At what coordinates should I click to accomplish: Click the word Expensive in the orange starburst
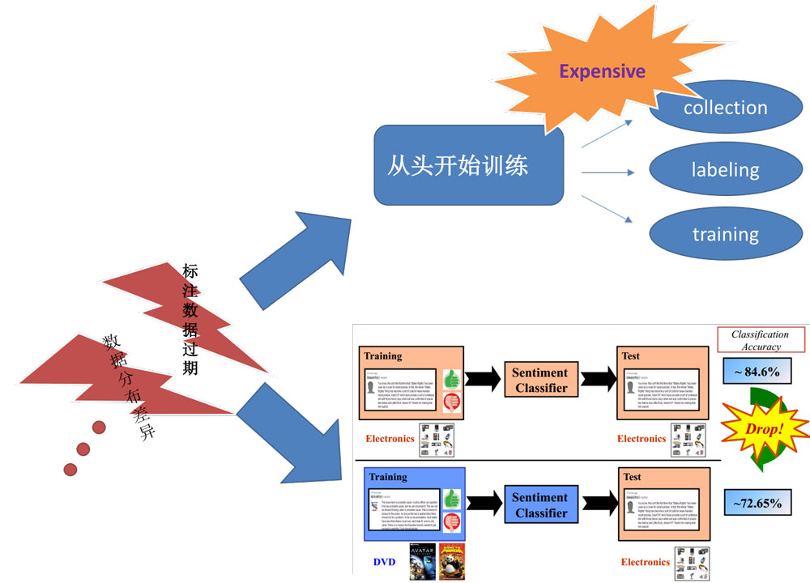pos(602,71)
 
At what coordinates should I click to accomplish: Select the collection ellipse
pos(725,109)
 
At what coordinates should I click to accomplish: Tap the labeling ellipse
pos(725,170)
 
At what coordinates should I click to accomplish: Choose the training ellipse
pos(725,235)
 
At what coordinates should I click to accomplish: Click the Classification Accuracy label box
pos(760,340)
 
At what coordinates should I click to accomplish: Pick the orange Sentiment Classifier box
pos(540,380)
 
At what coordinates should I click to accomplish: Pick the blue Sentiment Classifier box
pos(540,504)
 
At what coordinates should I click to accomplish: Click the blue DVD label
pos(385,562)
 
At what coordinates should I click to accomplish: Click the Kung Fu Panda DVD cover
pos(451,562)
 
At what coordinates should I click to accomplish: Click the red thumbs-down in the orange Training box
pos(451,401)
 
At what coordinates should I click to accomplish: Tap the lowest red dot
pos(70,469)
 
